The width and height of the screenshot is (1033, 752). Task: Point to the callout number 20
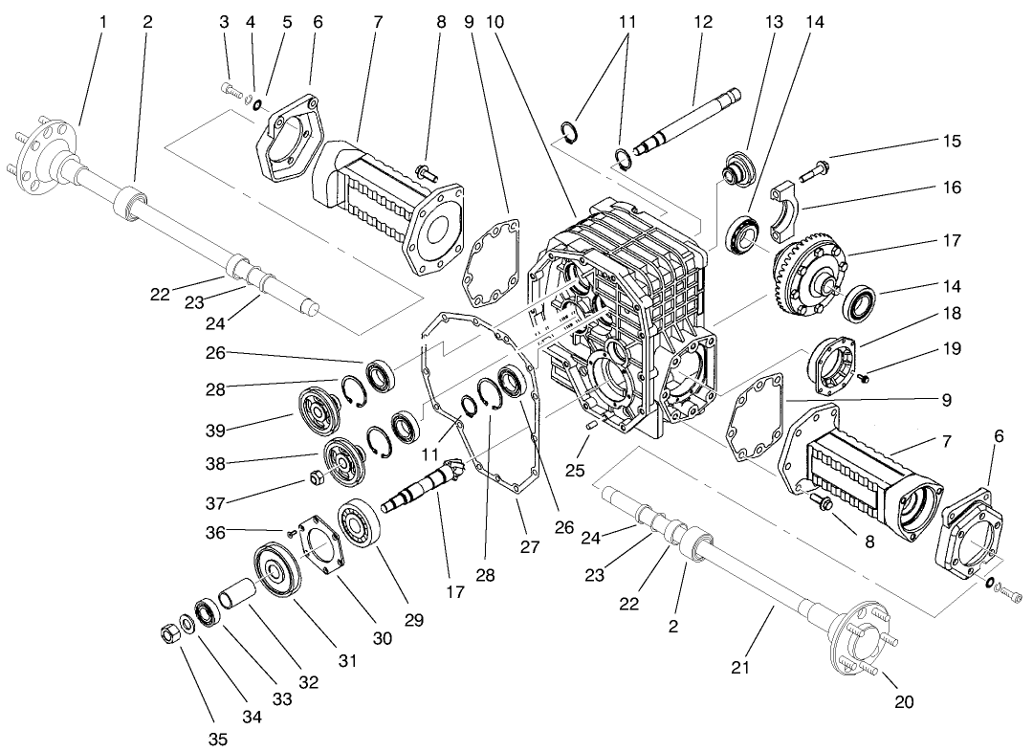904,701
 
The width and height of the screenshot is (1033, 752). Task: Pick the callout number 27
530,547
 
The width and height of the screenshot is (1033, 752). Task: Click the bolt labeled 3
231,89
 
